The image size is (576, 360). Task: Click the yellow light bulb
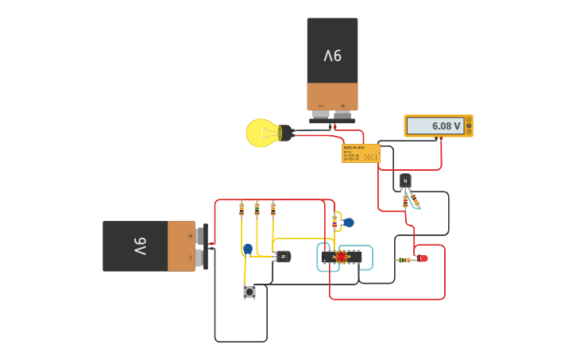point(262,133)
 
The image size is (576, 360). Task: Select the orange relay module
point(361,153)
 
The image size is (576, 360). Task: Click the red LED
point(422,258)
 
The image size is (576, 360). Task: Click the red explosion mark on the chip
point(342,257)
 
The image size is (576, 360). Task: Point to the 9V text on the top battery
point(332,56)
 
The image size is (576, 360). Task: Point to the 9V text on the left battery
point(137,246)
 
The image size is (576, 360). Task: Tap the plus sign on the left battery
point(189,235)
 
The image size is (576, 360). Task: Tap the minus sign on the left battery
point(189,257)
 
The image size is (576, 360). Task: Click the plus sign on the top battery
point(343,106)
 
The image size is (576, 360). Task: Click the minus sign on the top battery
point(321,106)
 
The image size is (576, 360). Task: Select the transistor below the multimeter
point(405,181)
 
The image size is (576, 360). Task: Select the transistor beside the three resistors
point(282,256)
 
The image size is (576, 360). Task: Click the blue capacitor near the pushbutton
point(248,250)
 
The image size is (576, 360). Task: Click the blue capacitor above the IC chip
point(348,223)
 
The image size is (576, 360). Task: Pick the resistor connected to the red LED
point(404,259)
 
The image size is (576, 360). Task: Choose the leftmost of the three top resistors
point(242,209)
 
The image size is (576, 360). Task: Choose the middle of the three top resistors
point(257,209)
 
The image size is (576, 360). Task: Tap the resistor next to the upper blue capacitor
point(334,221)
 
